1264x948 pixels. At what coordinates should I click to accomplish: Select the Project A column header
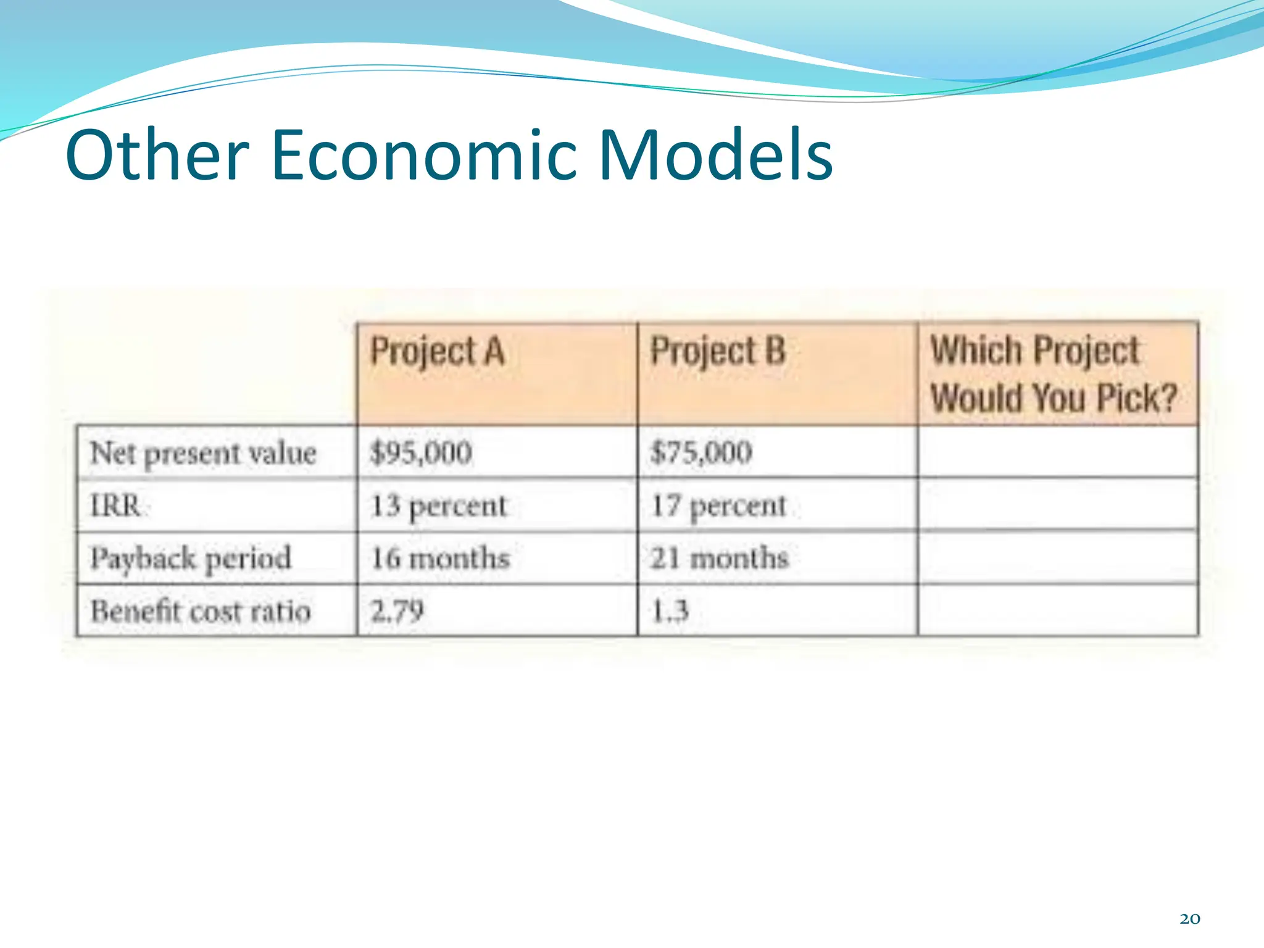pos(437,352)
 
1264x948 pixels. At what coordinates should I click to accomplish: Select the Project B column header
pos(718,352)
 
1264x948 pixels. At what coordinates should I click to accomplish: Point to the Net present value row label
pos(203,454)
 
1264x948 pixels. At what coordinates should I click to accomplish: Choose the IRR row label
pos(116,506)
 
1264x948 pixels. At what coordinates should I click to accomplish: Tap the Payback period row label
pos(191,559)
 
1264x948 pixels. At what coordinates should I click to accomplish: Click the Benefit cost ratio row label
pos(201,612)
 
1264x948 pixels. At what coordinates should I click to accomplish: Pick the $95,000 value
pos(421,452)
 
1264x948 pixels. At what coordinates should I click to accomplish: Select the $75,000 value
pos(701,452)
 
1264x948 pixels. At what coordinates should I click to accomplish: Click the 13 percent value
pos(438,507)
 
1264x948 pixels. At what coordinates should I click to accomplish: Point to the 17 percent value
pos(719,507)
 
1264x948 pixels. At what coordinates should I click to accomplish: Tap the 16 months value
pos(440,559)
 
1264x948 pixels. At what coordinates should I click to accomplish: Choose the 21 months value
pos(720,559)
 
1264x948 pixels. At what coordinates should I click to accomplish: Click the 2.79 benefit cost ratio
pos(397,611)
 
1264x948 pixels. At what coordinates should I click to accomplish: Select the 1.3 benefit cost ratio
pos(670,611)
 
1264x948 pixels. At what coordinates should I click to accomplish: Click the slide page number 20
pos(1189,919)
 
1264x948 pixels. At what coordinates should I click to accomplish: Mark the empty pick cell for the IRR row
pos(1057,505)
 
